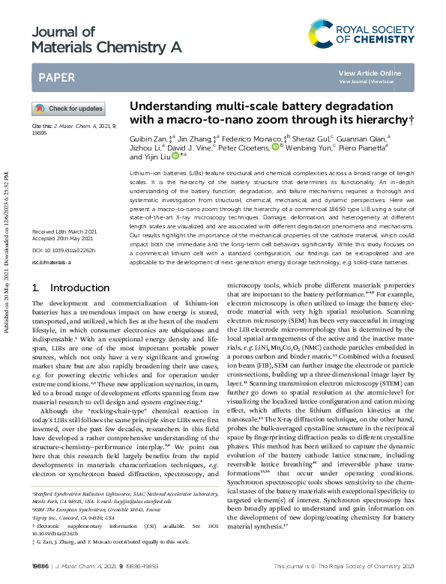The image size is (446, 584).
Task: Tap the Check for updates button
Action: (x=68, y=109)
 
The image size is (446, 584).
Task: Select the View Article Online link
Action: (x=370, y=73)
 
